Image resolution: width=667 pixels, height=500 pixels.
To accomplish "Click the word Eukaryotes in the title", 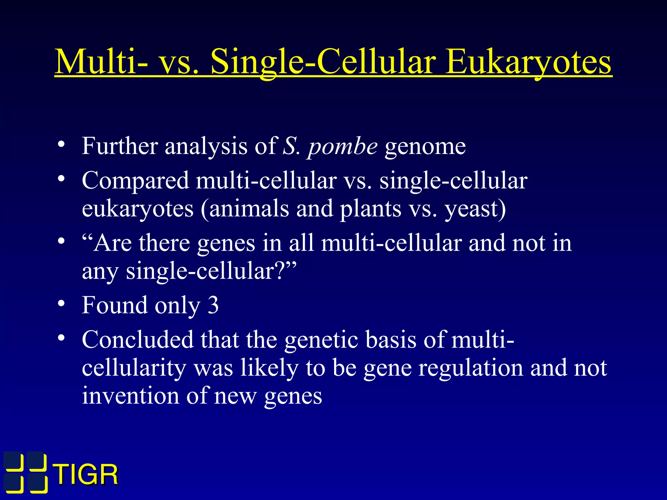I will click(528, 62).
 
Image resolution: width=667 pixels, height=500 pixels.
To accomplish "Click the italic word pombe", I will click(343, 147).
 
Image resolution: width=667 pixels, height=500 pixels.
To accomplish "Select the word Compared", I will click(135, 181).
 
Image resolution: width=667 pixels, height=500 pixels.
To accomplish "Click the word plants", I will click(371, 209).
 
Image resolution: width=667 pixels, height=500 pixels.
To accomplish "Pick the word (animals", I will click(245, 209).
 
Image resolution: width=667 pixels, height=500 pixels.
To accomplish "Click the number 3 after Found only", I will click(213, 305).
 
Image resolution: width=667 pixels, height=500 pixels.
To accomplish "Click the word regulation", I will click(470, 368).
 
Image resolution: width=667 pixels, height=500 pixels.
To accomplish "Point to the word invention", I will click(130, 396).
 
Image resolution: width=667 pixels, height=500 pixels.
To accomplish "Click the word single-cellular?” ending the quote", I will click(211, 271).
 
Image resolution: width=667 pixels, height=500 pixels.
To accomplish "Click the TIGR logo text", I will click(86, 475).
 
